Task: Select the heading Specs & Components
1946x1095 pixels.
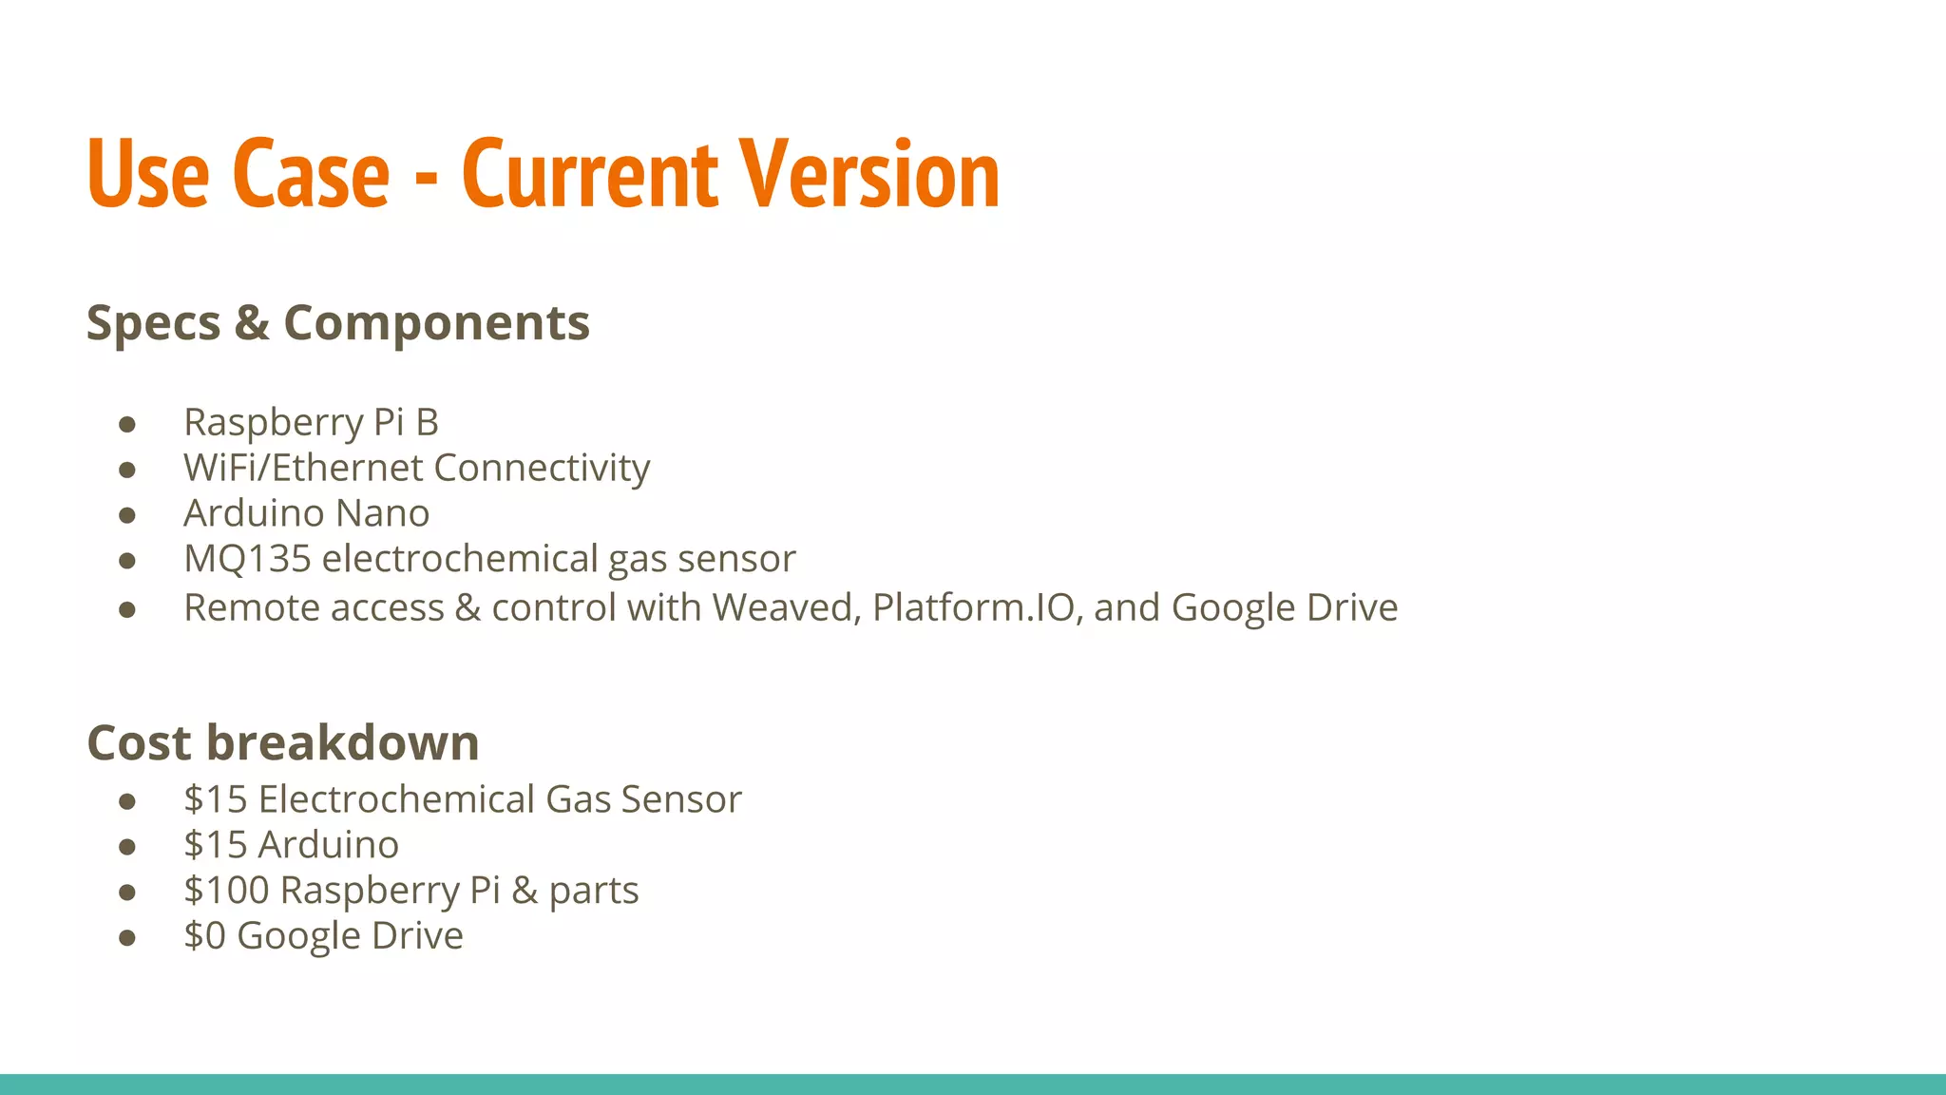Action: click(x=337, y=323)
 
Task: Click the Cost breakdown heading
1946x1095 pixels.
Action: click(x=282, y=742)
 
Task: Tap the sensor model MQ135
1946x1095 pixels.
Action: click(x=247, y=559)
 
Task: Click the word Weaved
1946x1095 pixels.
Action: click(x=786, y=607)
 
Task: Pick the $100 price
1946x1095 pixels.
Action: click(x=226, y=891)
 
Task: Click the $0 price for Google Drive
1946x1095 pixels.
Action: click(x=204, y=936)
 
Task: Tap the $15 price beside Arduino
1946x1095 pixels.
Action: click(x=216, y=845)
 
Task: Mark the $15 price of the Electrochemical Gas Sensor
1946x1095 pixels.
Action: click(x=216, y=799)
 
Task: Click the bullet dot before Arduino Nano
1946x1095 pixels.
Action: click(x=127, y=515)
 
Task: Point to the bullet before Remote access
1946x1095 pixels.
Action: click(x=127, y=609)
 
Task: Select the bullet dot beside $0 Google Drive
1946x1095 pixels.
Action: click(x=127, y=938)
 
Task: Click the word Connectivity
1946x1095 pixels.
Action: click(x=542, y=468)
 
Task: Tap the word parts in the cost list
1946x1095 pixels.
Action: click(x=593, y=891)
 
